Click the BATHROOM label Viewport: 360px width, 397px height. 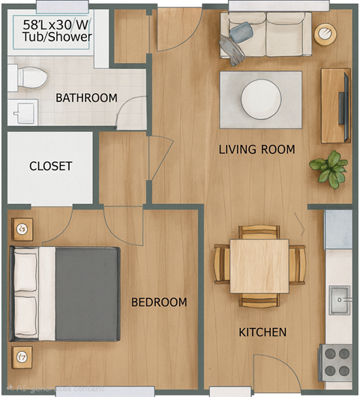[86, 98]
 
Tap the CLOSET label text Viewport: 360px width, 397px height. [50, 166]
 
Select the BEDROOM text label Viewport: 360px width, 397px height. [158, 302]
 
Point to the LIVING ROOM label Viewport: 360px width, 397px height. [256, 149]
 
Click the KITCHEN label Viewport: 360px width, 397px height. [262, 332]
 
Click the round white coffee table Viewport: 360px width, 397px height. [260, 99]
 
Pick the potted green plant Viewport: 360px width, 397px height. [328, 168]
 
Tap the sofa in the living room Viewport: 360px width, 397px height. [265, 36]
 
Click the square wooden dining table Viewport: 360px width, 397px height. [259, 266]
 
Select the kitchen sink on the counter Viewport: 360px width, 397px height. [340, 299]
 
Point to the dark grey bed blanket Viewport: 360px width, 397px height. [86, 292]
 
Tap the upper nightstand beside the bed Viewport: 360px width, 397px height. [22, 229]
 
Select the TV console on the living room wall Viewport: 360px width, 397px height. [335, 105]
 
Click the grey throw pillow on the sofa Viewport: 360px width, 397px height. [241, 33]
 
